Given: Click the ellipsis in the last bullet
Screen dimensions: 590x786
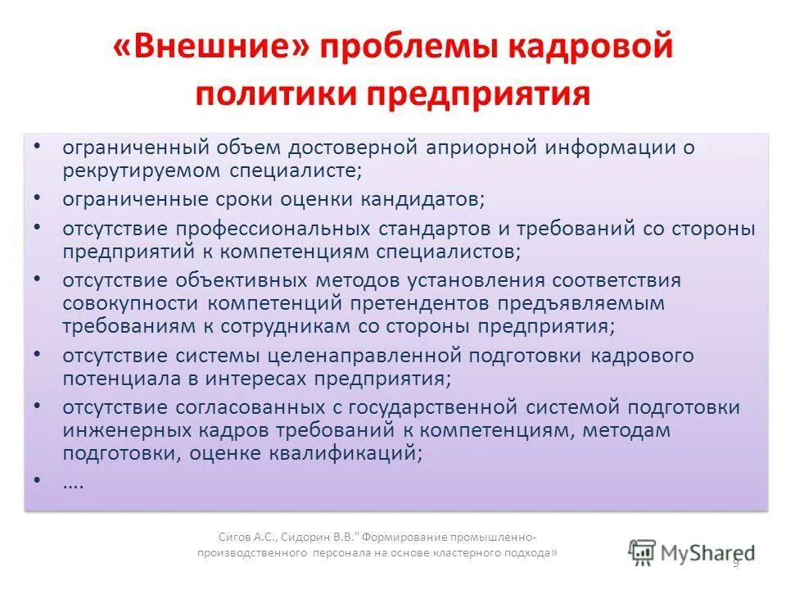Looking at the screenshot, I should pos(73,483).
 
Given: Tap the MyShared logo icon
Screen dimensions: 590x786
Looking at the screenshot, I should pos(643,551).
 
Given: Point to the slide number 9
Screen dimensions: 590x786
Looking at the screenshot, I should pos(735,562).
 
